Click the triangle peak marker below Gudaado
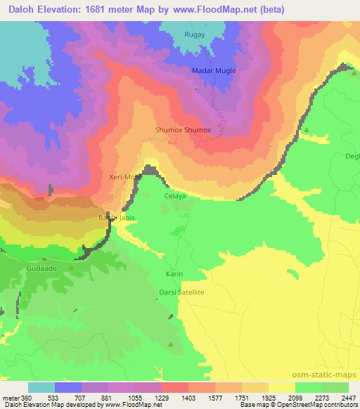click(71, 268)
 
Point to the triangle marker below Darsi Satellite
click(171, 344)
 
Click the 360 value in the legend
click(22, 396)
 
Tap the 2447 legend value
click(348, 396)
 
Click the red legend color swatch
click(174, 387)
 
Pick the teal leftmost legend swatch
click(41, 387)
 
